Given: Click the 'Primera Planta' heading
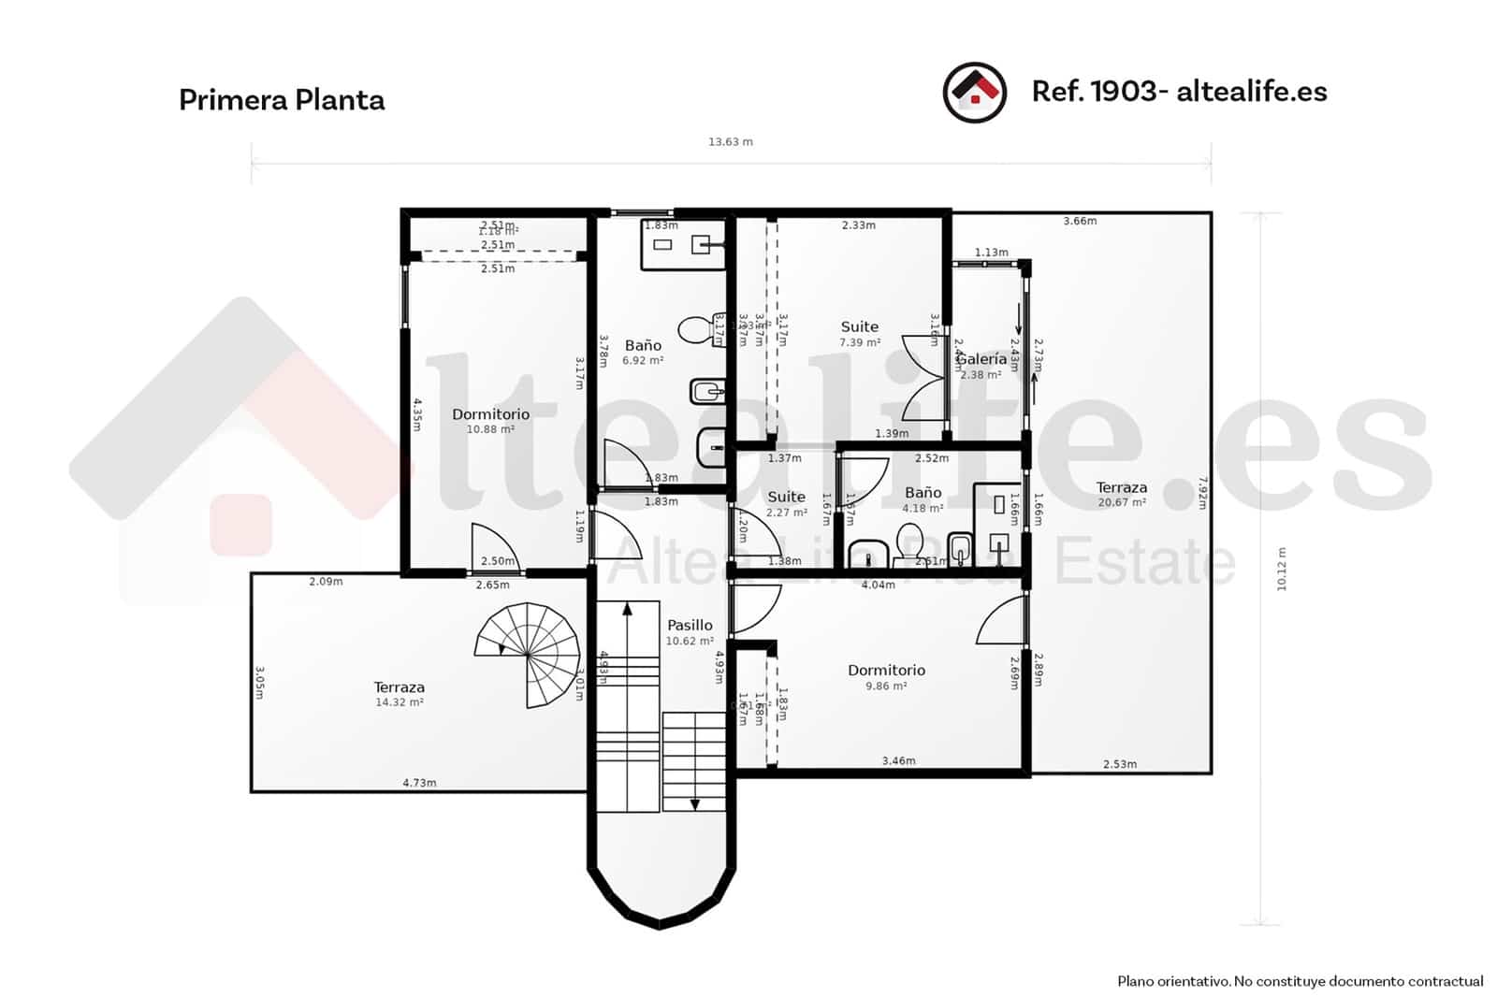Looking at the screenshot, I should point(282,100).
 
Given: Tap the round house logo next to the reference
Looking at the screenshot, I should point(974,93).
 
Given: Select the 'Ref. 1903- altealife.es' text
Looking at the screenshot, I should point(1179,92).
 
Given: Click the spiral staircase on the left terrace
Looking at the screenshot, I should point(528,655).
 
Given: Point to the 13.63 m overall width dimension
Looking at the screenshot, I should point(730,142).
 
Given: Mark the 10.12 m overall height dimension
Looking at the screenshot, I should point(1282,569).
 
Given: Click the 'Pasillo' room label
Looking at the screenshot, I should point(690,625).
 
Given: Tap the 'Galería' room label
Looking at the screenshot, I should point(981,359).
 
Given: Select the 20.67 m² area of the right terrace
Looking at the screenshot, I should point(1121,502).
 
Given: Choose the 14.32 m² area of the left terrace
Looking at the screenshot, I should point(399,702).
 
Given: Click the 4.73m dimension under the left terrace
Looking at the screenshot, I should point(419,783).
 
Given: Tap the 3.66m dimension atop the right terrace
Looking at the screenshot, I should point(1080,222).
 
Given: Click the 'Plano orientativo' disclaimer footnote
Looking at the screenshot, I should point(1300,981).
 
